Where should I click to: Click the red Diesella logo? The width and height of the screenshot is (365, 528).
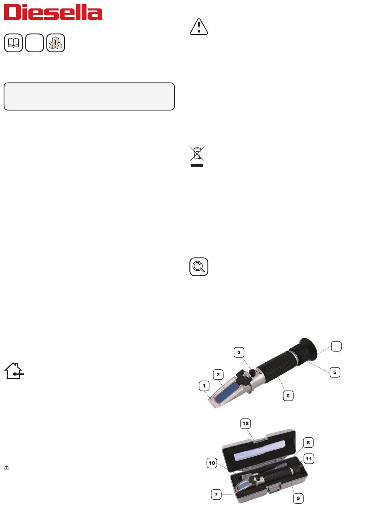point(53,13)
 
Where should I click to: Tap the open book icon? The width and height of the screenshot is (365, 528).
point(13,43)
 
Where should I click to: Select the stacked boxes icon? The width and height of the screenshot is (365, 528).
point(56,43)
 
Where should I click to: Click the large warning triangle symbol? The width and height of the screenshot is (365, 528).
point(199,26)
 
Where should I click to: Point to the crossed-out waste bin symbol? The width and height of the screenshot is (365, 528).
point(197,156)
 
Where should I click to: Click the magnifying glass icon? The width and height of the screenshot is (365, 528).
point(199,266)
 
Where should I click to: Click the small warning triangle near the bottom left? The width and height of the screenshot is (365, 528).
point(7,467)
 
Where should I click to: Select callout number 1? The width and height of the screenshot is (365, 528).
point(204,386)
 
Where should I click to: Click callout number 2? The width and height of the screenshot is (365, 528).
point(218,374)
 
